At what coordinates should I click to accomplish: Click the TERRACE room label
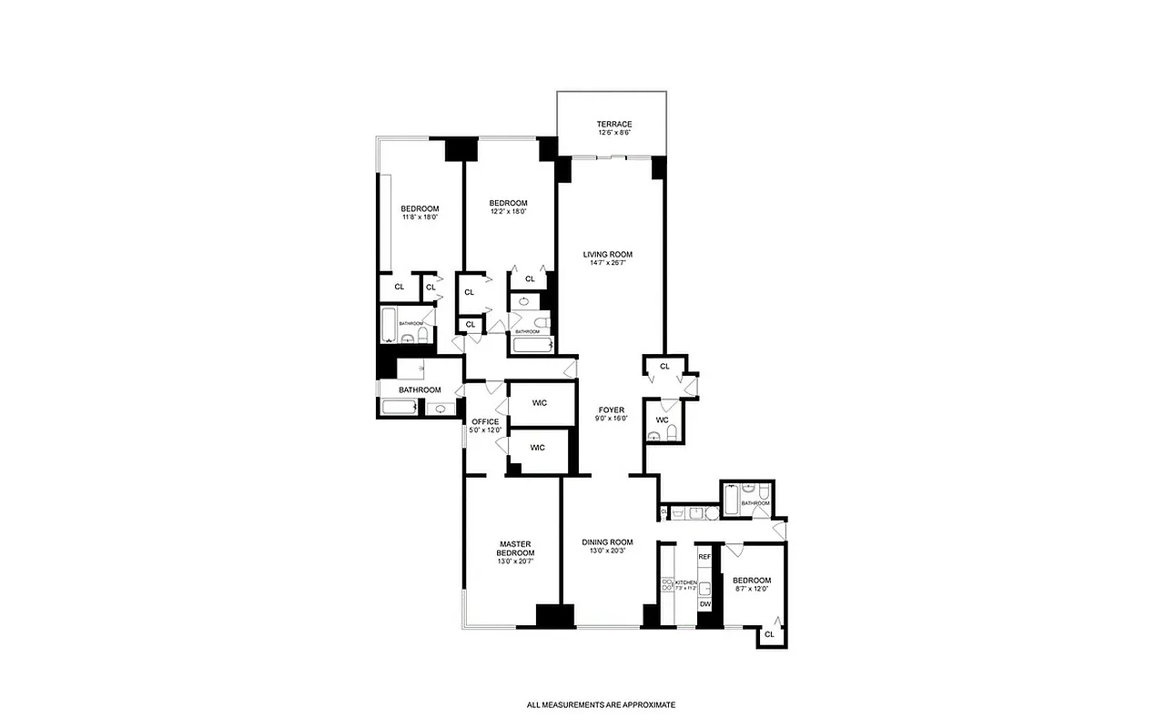614,124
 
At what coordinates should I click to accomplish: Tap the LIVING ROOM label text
608,255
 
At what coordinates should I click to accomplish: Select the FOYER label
611,410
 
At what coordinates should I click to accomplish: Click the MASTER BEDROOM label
515,549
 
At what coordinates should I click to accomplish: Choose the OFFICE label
485,422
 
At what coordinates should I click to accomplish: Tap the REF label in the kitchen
704,556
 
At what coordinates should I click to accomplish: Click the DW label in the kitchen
704,604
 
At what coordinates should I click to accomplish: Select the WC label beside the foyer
662,420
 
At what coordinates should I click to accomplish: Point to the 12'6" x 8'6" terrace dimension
614,133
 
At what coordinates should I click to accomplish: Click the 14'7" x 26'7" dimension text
608,264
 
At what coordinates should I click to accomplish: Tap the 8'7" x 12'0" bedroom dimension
752,590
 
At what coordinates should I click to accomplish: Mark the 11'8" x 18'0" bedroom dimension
420,217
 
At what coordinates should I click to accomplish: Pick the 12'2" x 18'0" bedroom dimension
508,211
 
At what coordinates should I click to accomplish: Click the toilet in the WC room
672,433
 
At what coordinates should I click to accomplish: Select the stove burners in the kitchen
666,583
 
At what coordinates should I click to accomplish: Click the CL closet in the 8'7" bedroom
770,635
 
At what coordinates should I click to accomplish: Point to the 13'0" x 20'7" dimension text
515,562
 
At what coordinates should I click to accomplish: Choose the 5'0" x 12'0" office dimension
485,430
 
